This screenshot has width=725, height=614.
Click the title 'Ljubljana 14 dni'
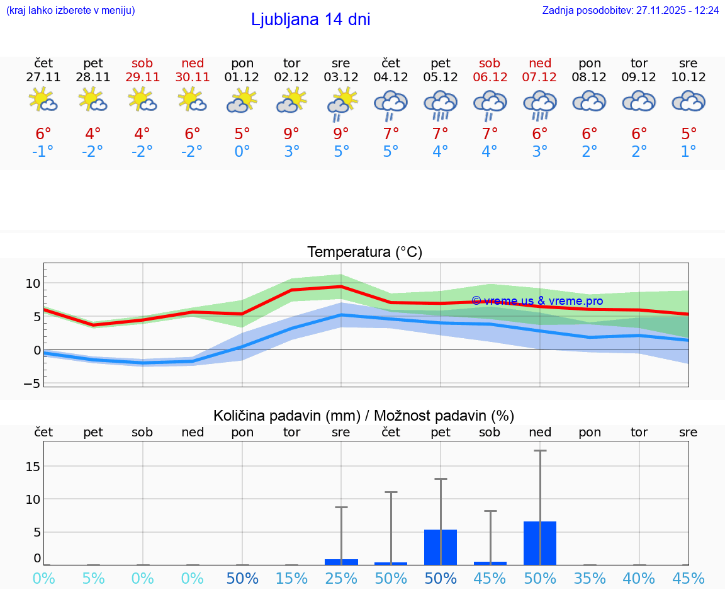(x=310, y=20)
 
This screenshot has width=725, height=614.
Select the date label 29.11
(x=142, y=77)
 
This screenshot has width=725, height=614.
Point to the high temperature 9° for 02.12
(x=291, y=134)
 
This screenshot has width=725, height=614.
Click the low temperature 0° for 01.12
(x=242, y=152)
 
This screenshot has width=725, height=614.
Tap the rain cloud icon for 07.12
(x=540, y=104)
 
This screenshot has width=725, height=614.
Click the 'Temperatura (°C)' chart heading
(x=364, y=253)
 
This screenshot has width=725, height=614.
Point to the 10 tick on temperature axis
(x=33, y=283)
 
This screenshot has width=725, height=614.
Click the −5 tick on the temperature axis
(x=31, y=383)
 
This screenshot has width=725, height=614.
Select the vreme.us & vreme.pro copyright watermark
(x=537, y=301)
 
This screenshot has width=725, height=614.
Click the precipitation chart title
(x=364, y=416)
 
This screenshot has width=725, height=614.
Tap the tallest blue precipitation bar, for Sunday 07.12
(x=540, y=543)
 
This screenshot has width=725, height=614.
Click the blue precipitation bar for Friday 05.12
(x=441, y=547)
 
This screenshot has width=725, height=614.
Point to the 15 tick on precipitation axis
(x=33, y=466)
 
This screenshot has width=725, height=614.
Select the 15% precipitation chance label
(x=291, y=579)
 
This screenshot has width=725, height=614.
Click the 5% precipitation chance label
(x=93, y=579)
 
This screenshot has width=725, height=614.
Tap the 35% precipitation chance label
(x=590, y=579)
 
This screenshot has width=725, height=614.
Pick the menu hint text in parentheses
(x=70, y=11)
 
